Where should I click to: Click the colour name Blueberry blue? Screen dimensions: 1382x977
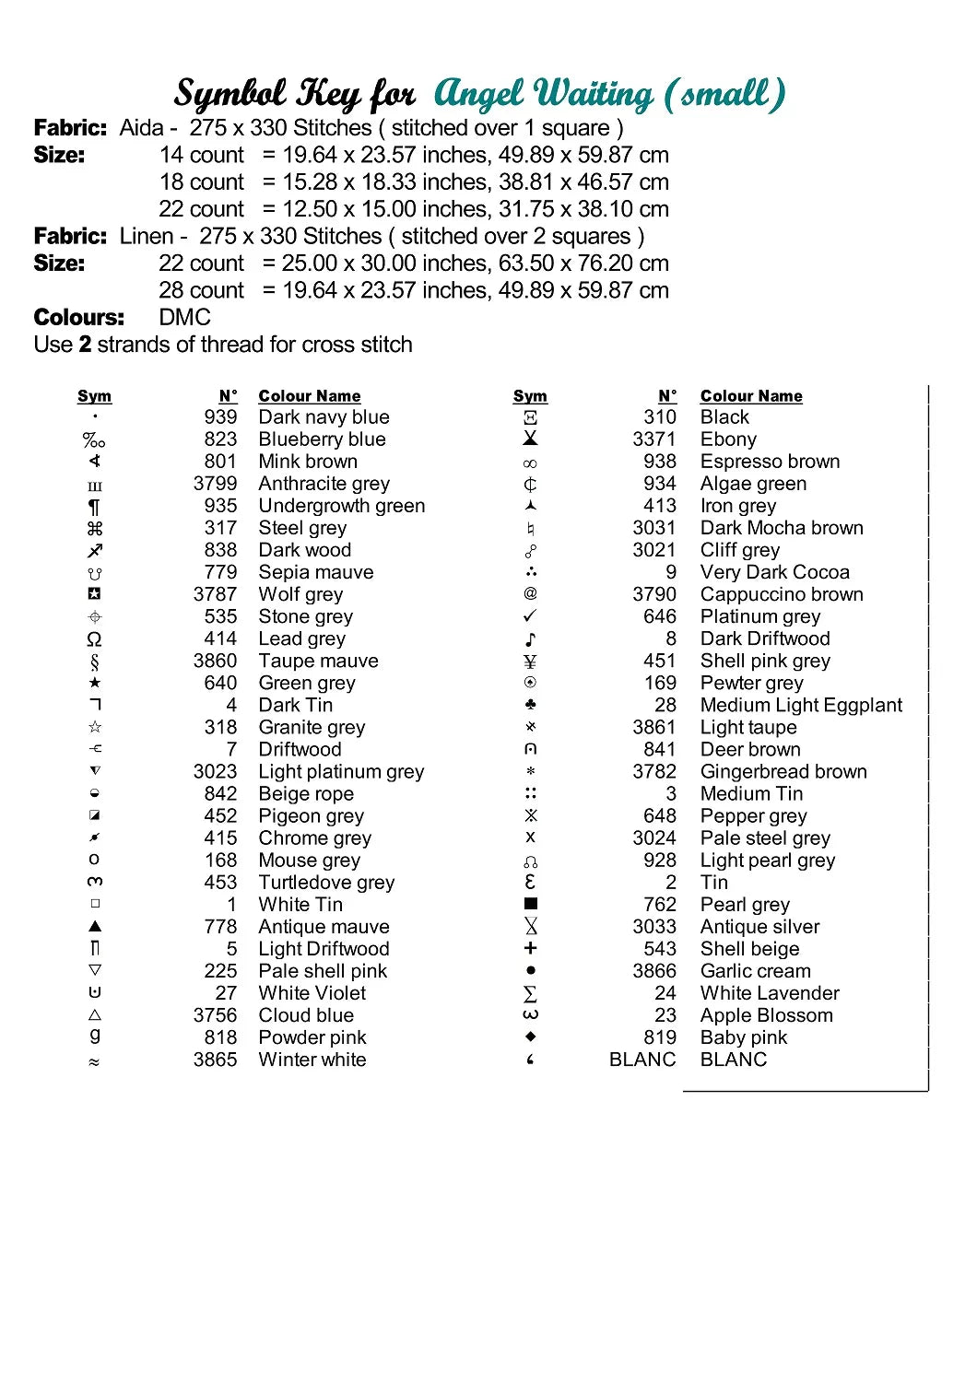pyautogui.click(x=322, y=439)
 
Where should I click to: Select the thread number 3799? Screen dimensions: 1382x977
pyautogui.click(x=215, y=484)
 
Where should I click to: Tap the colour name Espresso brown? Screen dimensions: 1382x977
pyautogui.click(x=770, y=462)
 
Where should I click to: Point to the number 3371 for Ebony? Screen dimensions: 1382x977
pyautogui.click(x=653, y=439)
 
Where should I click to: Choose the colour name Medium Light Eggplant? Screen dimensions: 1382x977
pyautogui.click(x=801, y=705)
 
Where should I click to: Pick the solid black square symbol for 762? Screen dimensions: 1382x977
pyautogui.click(x=530, y=904)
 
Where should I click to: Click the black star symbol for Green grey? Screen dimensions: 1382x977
pyautogui.click(x=95, y=683)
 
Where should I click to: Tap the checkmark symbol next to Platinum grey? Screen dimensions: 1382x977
pyautogui.click(x=530, y=615)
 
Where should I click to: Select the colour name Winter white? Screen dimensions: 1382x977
pyautogui.click(x=312, y=1060)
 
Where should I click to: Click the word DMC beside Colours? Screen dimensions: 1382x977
pyautogui.click(x=184, y=318)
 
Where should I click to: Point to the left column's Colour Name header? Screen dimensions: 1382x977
pyautogui.click(x=309, y=396)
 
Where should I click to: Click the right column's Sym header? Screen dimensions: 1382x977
pyautogui.click(x=530, y=396)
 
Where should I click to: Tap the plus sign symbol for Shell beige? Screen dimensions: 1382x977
pyautogui.click(x=530, y=948)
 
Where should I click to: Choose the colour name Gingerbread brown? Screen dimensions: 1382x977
pyautogui.click(x=783, y=771)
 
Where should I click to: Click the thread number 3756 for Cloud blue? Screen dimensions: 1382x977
pyautogui.click(x=215, y=1015)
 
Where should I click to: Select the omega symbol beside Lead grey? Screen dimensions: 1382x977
pyautogui.click(x=94, y=638)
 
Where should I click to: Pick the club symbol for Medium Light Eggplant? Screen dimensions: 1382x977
pyautogui.click(x=530, y=705)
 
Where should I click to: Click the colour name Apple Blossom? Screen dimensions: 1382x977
pyautogui.click(x=766, y=1015)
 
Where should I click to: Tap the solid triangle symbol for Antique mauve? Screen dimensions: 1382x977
pyautogui.click(x=95, y=926)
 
